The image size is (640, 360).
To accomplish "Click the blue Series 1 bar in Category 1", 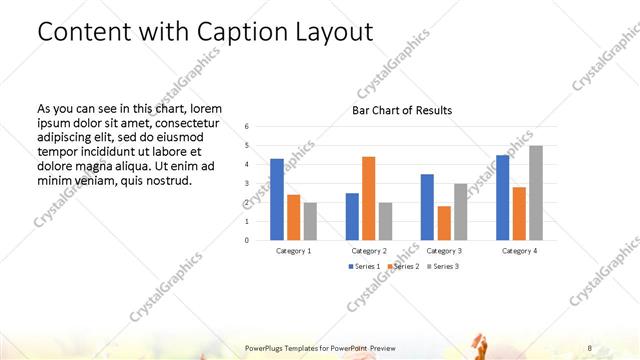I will coord(277,199).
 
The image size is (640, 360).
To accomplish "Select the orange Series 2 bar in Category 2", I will coord(368,198).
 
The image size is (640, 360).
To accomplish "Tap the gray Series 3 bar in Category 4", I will coord(536,193).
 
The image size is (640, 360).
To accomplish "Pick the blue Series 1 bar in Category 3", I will coord(427,207).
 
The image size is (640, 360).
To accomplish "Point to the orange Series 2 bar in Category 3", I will coord(443,223).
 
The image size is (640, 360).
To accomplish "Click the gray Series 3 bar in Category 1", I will coord(310,221).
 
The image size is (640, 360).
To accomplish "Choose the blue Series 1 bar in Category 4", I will coord(503,197).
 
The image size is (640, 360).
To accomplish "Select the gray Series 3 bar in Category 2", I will coord(385,221).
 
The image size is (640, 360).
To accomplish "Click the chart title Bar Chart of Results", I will coord(402,110).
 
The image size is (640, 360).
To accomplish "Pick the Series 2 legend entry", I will coord(403,267).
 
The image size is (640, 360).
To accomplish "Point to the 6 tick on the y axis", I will coord(247,126).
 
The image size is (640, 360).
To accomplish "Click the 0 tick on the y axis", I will coord(247,240).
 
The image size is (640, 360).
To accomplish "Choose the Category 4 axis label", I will coord(519,251).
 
